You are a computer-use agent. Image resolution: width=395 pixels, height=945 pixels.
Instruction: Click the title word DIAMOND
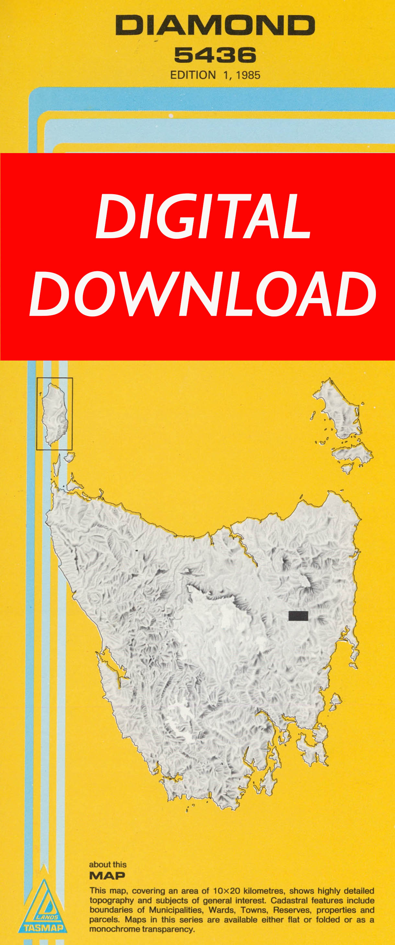[x=215, y=25]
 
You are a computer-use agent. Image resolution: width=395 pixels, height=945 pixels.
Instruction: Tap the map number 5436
[x=215, y=55]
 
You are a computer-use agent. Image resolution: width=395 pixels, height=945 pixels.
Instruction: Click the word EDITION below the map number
[x=193, y=75]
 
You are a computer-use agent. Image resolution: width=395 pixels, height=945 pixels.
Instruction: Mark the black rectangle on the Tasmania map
[x=298, y=616]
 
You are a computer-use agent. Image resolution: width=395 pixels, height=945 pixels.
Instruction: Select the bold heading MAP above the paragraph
[x=107, y=876]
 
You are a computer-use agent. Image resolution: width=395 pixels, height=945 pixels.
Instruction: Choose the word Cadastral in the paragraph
[x=288, y=901]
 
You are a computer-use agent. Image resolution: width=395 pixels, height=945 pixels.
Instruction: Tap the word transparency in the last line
[x=167, y=929]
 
